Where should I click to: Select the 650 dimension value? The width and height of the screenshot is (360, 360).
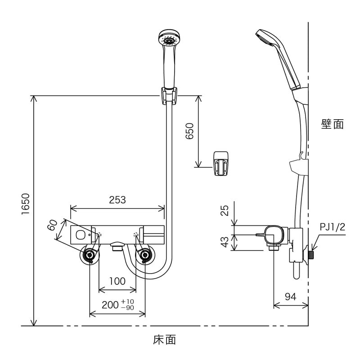coord(189,131)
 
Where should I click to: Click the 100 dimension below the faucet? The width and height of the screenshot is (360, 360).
coord(117,281)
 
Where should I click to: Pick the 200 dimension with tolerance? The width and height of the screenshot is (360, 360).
coord(117,305)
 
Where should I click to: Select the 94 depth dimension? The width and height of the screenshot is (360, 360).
coord(291,297)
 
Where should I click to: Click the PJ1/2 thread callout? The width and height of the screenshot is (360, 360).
coord(332,227)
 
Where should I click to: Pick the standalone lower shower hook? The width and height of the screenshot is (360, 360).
coord(220,162)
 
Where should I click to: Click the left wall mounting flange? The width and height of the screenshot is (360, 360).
coord(90,256)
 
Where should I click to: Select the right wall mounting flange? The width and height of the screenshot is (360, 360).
coord(145,256)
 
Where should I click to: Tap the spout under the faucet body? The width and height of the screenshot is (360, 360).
coord(117,246)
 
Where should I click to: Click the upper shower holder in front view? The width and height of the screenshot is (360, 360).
coord(168,96)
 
